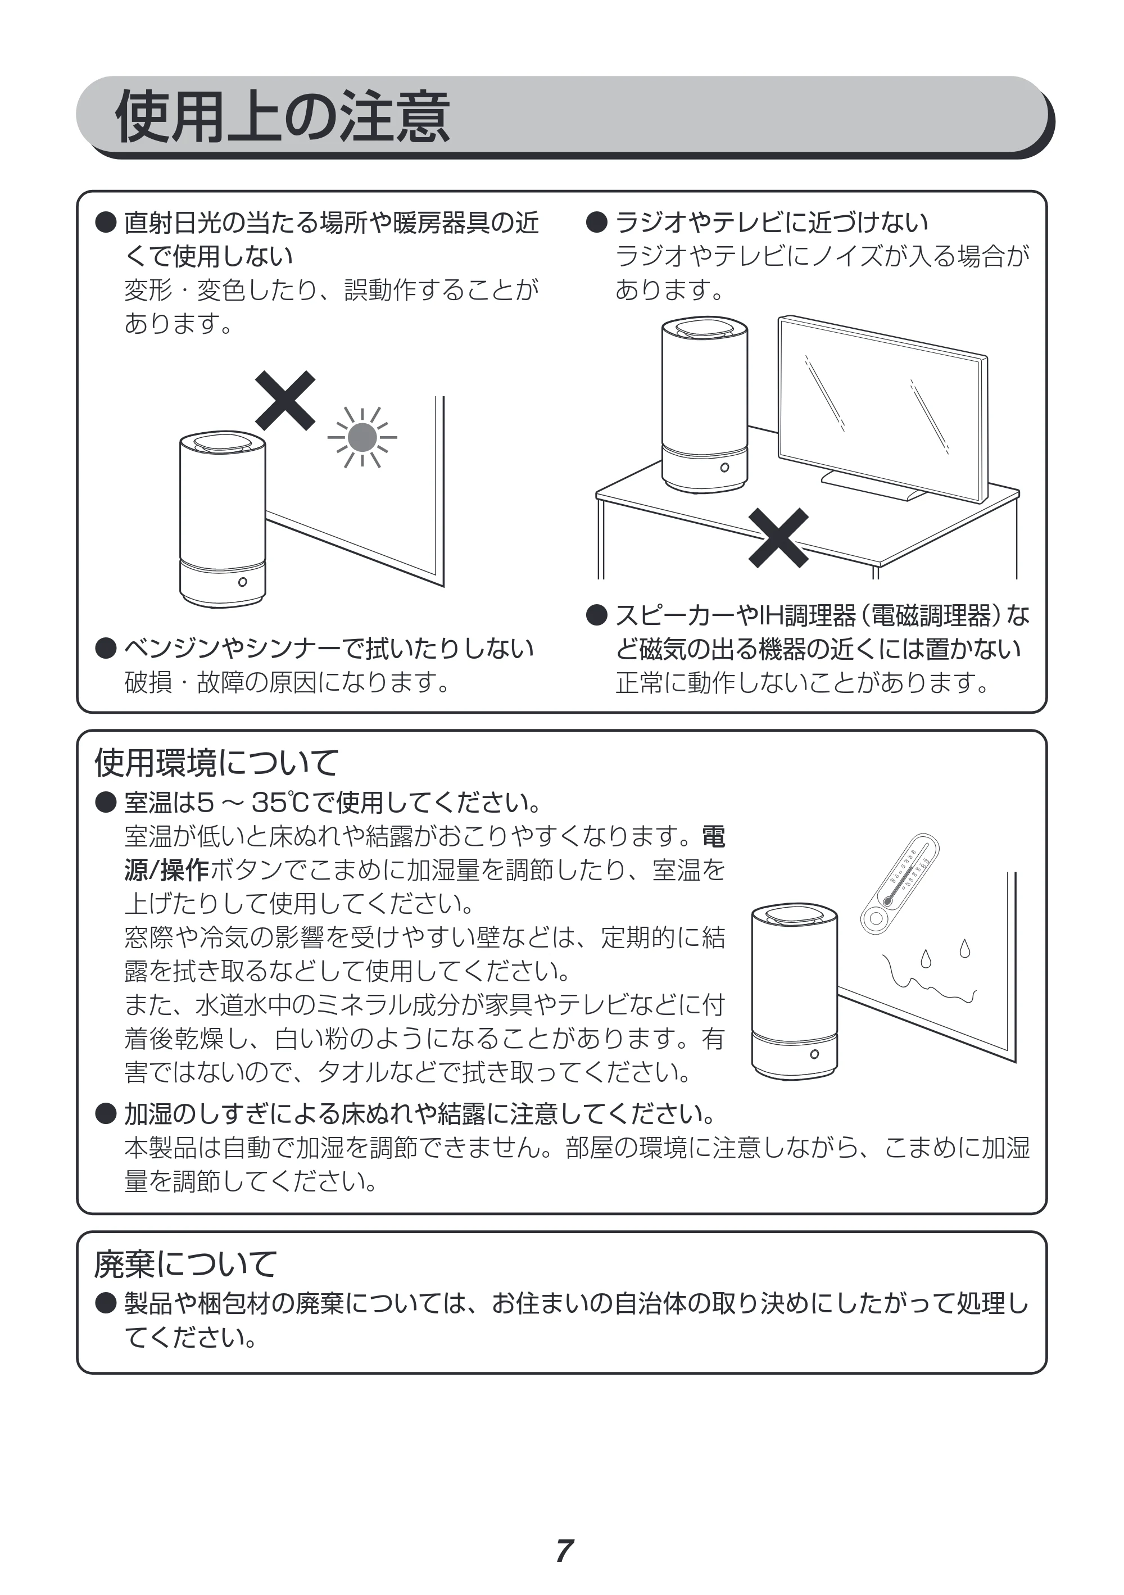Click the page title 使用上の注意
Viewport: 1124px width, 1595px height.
[x=283, y=117]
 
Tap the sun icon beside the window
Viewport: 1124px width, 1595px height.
[x=362, y=437]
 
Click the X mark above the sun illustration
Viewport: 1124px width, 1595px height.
[x=285, y=400]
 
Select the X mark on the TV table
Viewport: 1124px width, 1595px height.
[x=778, y=538]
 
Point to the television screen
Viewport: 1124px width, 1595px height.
[x=882, y=409]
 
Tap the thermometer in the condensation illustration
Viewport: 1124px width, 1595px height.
[x=900, y=883]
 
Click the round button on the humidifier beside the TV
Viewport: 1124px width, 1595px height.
[x=724, y=468]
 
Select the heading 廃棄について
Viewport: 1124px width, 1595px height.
[x=185, y=1263]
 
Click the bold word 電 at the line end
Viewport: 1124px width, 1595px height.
[x=713, y=836]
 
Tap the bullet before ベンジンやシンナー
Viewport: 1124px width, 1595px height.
[x=106, y=648]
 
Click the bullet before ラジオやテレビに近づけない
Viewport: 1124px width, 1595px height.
[x=597, y=223]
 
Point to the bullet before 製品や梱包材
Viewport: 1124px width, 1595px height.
[x=106, y=1303]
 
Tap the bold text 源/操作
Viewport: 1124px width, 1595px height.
[x=167, y=870]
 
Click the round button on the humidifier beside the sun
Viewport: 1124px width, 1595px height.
[x=242, y=582]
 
